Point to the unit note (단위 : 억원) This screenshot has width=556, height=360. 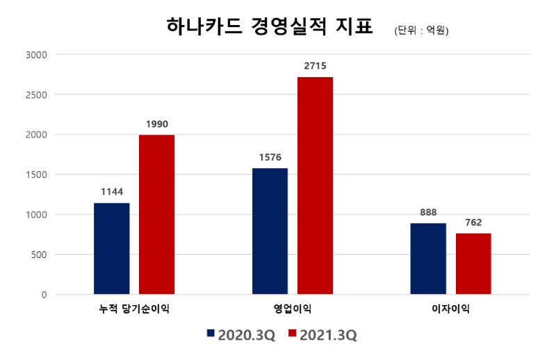coord(420,31)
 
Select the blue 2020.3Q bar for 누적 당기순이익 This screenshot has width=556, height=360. coord(111,248)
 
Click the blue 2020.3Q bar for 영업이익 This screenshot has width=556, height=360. coord(270,231)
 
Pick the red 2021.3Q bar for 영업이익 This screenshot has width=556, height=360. coord(315,186)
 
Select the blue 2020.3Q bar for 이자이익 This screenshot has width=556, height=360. coord(428,259)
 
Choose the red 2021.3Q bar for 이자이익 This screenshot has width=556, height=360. coord(473,263)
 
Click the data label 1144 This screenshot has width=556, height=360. coord(111,191)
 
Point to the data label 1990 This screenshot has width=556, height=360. coord(156,123)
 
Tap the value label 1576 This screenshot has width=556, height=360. coord(270,156)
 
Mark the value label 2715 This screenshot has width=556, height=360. coord(315,65)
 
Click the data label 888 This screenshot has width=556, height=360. coord(428,212)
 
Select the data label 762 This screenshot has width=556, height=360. coord(473,222)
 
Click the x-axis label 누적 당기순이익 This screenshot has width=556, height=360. coord(134,308)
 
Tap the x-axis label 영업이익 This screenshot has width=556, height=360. coord(293,308)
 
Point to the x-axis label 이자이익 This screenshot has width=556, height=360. coord(450,308)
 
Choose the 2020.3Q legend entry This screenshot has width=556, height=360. coord(241,335)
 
